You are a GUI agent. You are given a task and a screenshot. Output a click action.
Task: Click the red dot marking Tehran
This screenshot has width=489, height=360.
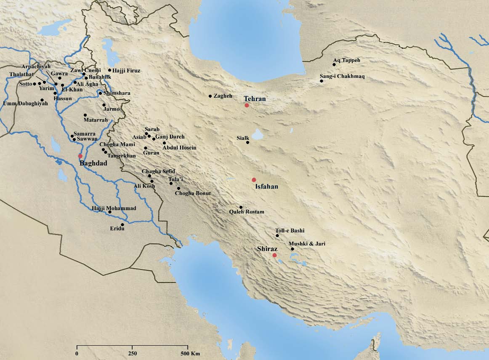coord(247,105)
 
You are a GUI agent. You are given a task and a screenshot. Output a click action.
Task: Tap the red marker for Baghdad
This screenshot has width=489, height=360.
coord(80,156)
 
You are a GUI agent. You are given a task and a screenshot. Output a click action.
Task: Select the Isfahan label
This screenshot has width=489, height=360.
coord(267,187)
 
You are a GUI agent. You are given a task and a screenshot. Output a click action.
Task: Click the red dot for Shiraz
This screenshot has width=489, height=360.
coord(274,255)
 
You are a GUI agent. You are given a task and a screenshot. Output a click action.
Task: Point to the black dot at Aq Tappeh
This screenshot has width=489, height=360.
coord(334,65)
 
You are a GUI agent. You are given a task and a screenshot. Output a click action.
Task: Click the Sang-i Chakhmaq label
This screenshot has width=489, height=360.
coord(343,76)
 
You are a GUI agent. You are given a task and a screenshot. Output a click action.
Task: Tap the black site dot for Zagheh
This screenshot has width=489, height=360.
coord(210,96)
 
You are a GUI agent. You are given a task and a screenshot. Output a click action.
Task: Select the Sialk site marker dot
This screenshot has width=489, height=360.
coord(248,143)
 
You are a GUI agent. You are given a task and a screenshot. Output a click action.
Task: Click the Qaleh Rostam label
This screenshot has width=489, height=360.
coord(247,212)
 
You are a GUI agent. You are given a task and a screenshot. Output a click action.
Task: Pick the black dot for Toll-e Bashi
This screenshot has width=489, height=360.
coord(277,235)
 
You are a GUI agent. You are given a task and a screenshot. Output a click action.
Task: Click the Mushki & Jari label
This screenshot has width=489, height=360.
coord(307,244)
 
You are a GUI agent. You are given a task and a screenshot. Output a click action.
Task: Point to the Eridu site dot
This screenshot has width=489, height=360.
coord(122,224)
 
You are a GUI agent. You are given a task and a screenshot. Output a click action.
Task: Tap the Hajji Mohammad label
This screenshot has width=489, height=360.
coord(114,208)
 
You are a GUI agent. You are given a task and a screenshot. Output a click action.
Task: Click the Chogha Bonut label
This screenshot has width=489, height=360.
coord(193,193)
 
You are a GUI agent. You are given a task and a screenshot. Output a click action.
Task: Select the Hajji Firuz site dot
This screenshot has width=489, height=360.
coord(109,70)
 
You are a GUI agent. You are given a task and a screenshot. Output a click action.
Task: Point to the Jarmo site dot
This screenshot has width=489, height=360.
coord(104,105)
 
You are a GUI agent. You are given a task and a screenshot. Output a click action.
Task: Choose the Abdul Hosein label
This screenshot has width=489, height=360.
coord(179,148)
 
